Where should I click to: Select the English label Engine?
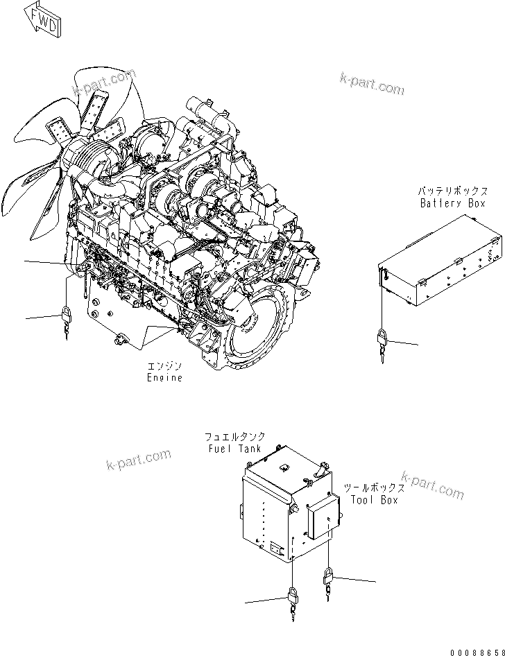(165, 378)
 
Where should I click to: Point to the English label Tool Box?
(374, 500)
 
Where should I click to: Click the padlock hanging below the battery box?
(382, 341)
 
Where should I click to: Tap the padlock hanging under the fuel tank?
(291, 598)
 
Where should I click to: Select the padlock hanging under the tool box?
(328, 577)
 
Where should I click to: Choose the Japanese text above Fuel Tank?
(234, 438)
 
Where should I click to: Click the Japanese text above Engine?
(165, 366)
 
